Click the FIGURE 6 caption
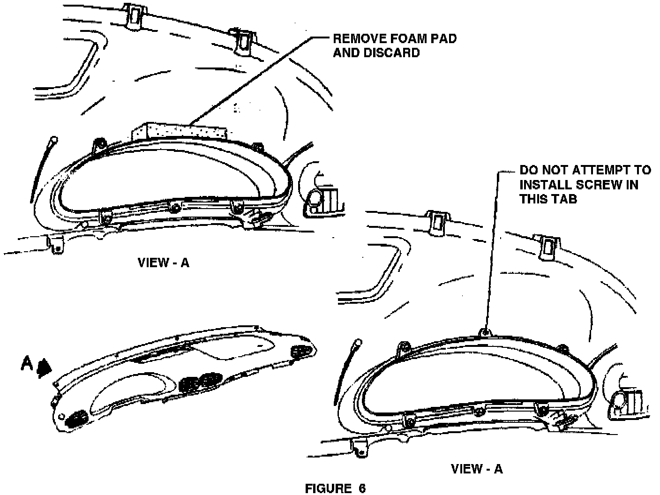[x=335, y=488]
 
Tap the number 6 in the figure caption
[x=361, y=488]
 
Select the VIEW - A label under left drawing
[x=163, y=262]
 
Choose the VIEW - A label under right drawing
[x=476, y=468]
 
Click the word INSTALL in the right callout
[x=540, y=184]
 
